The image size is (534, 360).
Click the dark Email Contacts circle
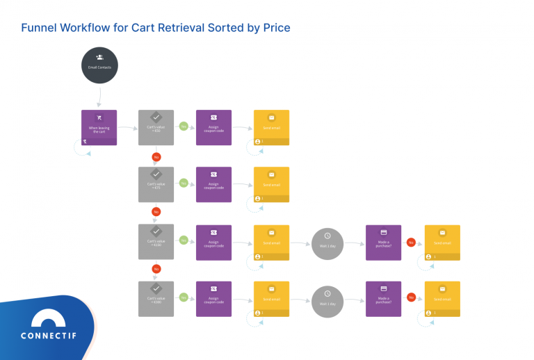(x=99, y=64)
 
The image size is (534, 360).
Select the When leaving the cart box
(x=99, y=127)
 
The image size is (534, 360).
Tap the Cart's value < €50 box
(x=156, y=127)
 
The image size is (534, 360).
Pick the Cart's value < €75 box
(x=156, y=184)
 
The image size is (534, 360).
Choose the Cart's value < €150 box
(x=156, y=242)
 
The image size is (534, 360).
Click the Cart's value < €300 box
(x=156, y=299)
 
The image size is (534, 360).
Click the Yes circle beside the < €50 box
(x=184, y=126)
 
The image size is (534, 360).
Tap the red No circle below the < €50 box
(x=156, y=157)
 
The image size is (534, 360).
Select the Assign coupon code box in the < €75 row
(x=213, y=184)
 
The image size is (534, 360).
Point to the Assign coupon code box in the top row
(x=213, y=127)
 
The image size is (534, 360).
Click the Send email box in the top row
(x=271, y=127)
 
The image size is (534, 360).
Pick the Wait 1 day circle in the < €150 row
(x=327, y=243)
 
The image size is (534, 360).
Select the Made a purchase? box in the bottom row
(x=383, y=299)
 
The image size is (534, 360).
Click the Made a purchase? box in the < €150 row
(x=383, y=242)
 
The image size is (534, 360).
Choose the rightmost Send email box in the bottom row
(x=442, y=299)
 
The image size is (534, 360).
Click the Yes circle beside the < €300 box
(x=184, y=297)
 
